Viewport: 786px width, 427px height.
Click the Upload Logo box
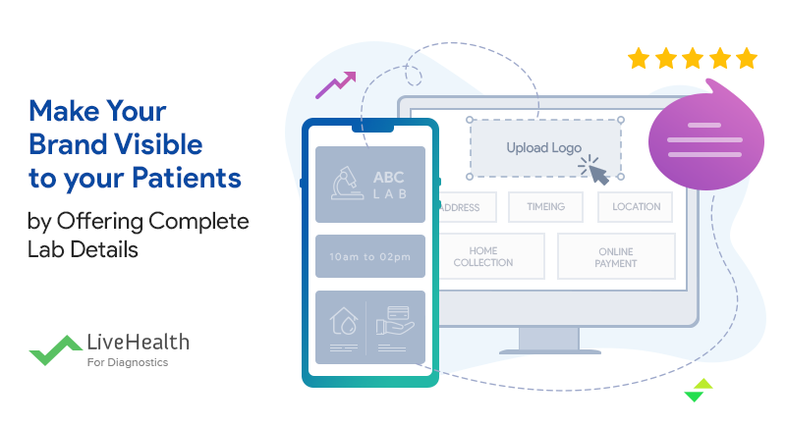[544, 148]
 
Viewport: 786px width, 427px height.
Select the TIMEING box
[545, 207]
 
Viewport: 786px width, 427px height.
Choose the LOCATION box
[636, 207]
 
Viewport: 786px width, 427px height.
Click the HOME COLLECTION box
[490, 256]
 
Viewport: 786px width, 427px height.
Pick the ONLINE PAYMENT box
[616, 256]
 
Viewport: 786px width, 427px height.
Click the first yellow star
[640, 58]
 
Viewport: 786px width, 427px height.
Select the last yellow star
[747, 58]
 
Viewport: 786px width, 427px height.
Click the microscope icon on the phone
[344, 185]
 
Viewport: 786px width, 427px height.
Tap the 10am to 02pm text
[369, 256]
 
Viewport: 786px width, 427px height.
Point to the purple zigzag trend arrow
[334, 86]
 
